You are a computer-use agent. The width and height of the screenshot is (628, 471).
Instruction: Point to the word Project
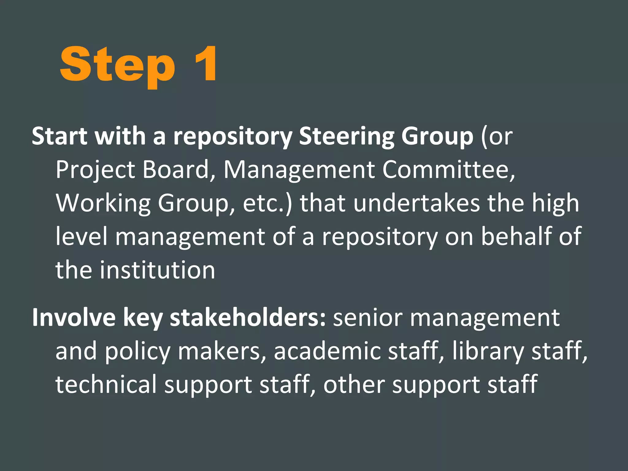pyautogui.click(x=95, y=170)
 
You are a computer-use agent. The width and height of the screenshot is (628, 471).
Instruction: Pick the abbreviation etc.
pyautogui.click(x=264, y=203)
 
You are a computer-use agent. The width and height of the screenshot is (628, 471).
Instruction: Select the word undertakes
pyautogui.click(x=416, y=203)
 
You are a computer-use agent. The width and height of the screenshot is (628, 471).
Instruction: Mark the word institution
pyautogui.click(x=158, y=270)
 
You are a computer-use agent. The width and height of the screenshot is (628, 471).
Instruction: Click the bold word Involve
pyautogui.click(x=74, y=318)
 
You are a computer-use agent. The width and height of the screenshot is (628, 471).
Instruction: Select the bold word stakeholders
pyautogui.click(x=247, y=318)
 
